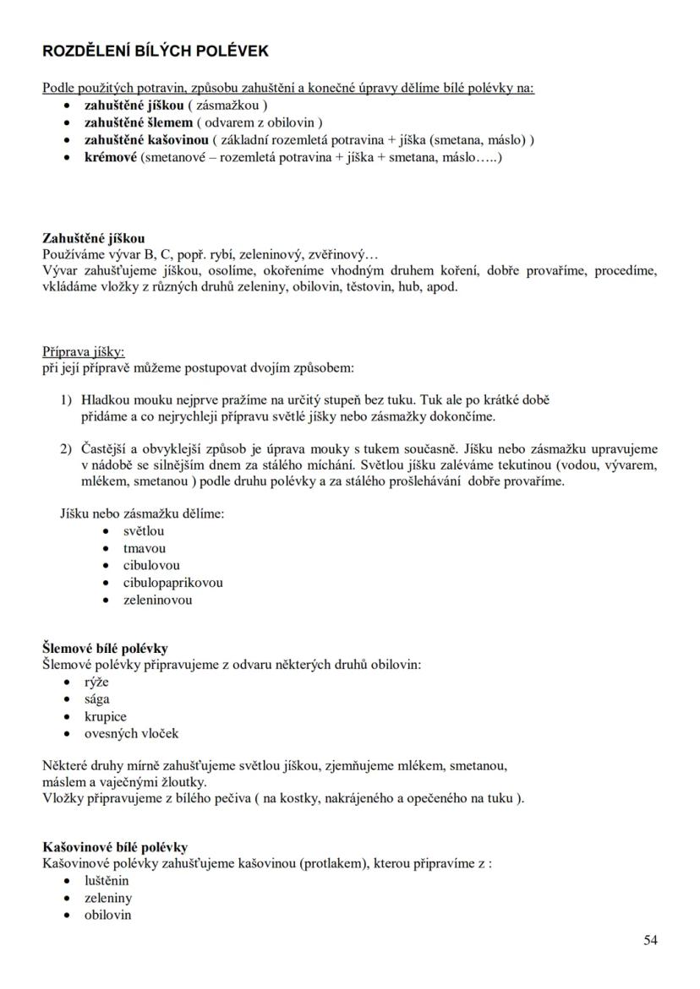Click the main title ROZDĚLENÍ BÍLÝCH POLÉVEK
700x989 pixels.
click(156, 51)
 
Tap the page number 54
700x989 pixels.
click(649, 940)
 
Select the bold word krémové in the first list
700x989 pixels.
click(110, 157)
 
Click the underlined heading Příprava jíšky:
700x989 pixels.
click(84, 352)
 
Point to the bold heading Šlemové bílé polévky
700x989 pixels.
click(105, 649)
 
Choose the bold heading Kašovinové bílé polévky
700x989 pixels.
click(115, 847)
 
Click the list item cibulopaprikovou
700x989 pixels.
click(173, 583)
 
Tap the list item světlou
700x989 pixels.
click(144, 531)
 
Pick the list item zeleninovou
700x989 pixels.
click(157, 600)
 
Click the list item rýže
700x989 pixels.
click(96, 682)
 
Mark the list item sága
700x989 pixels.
click(96, 699)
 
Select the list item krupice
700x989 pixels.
click(105, 717)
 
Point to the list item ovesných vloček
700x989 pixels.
click(131, 734)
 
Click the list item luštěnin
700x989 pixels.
click(107, 881)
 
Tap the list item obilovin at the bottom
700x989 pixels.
click(107, 915)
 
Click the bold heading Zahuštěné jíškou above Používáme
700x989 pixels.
click(93, 239)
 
